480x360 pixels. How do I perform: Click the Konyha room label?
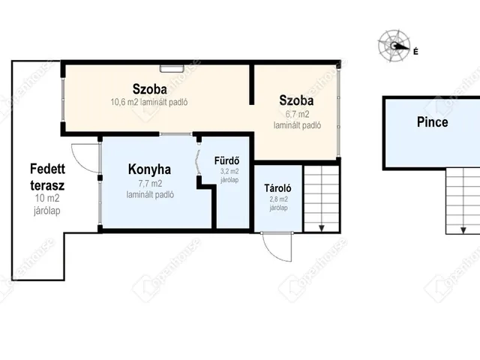[149, 169]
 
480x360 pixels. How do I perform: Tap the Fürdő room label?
[226, 160]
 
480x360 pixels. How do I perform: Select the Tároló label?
[277, 188]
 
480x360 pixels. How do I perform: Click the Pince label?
[433, 122]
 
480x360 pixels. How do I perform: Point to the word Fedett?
[47, 169]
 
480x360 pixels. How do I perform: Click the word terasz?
[47, 185]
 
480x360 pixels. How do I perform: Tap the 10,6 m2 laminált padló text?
[149, 102]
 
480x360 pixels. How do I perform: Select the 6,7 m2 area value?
[297, 114]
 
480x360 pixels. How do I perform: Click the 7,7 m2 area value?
[150, 184]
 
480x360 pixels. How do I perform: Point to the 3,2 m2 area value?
[229, 172]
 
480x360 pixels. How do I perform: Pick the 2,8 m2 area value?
[278, 199]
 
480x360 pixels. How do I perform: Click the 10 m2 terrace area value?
[47, 198]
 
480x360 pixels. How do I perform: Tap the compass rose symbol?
[394, 46]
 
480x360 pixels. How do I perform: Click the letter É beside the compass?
[415, 52]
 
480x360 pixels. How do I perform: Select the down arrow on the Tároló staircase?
[322, 228]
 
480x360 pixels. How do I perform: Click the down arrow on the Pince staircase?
[463, 230]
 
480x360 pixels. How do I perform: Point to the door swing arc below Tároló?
[270, 252]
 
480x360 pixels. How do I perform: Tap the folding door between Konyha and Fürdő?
[199, 162]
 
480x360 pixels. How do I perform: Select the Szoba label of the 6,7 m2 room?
[296, 100]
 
